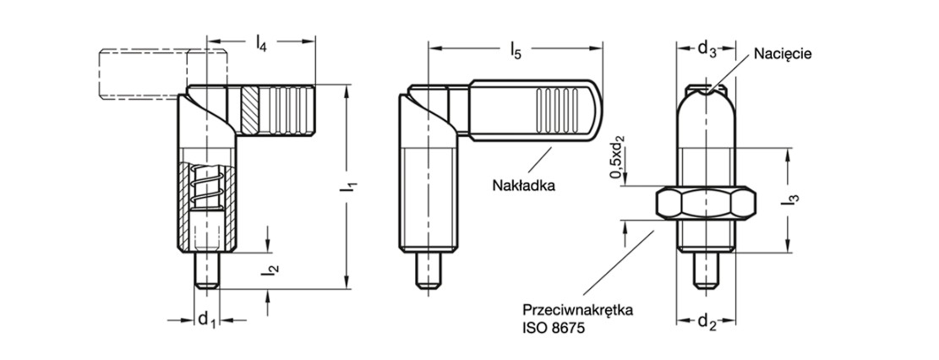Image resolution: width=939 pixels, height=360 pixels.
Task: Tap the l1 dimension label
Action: tap(344, 187)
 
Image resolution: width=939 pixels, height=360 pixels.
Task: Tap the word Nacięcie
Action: tap(783, 53)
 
